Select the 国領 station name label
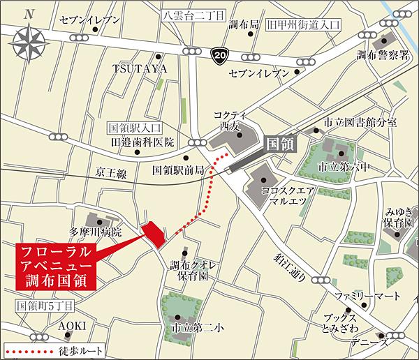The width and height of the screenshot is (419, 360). coord(282,144)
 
